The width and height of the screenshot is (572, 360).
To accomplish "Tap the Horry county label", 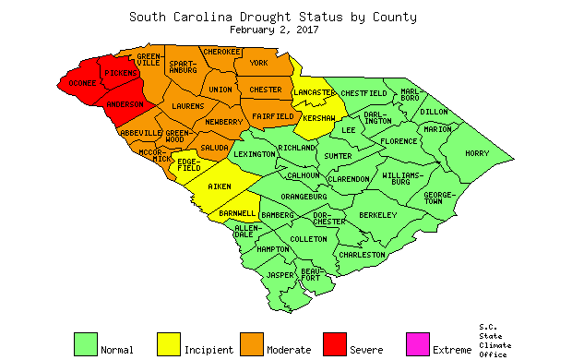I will tap(478, 153).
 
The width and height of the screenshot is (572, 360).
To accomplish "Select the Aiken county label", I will tap(220, 187).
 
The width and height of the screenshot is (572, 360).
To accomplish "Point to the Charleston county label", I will tap(363, 254).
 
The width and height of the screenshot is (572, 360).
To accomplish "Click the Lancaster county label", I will tap(315, 93).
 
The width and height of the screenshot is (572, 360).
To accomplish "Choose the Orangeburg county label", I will tap(304, 197).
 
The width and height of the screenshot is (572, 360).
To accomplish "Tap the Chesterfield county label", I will tap(363, 93).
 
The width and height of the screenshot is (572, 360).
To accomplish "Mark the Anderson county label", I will tap(125, 105).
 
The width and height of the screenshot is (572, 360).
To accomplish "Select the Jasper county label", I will tap(280, 275).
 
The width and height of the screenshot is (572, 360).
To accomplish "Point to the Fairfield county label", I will tap(273, 116).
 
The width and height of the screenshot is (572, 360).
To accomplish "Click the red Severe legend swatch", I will tap(335, 343).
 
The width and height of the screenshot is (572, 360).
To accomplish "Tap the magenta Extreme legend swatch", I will tap(418, 343).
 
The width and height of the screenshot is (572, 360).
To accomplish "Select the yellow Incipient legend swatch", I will tap(169, 343).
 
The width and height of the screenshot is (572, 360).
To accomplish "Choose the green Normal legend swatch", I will tap(86, 343).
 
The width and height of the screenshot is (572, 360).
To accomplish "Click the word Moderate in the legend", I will tap(288, 350).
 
